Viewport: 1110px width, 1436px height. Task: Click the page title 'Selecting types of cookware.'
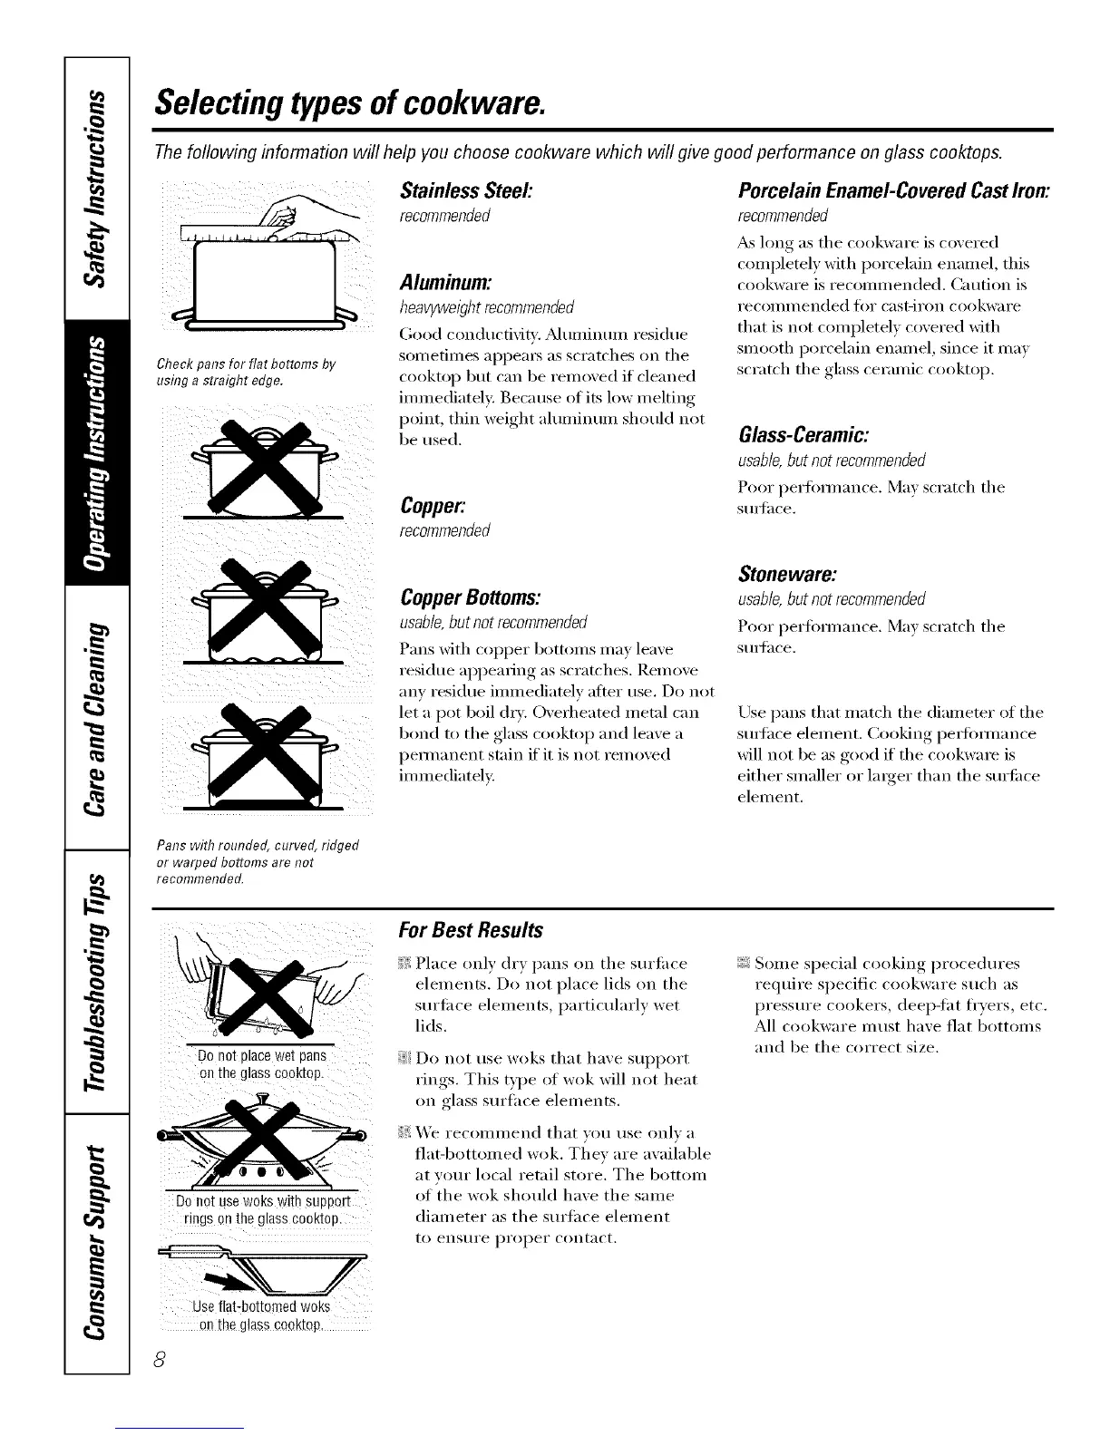[x=348, y=106]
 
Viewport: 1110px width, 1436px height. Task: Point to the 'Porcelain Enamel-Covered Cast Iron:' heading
[x=894, y=193]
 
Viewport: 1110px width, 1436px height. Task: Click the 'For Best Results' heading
[x=471, y=930]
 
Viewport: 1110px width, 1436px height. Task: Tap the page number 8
[x=159, y=1359]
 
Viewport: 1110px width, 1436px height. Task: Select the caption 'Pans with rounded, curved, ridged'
[x=258, y=846]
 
